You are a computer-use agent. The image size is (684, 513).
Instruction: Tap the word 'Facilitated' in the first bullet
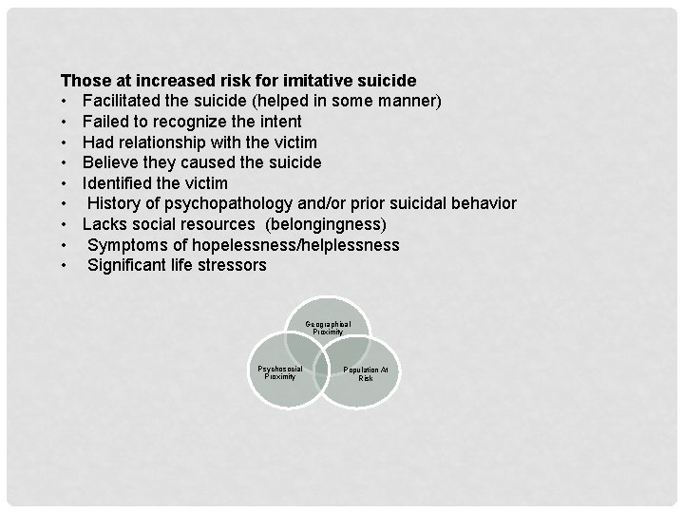(126, 101)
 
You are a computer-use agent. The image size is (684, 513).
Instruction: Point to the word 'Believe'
(111, 162)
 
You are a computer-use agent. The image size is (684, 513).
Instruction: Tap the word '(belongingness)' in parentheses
(327, 224)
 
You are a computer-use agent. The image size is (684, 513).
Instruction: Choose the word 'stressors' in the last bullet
(235, 265)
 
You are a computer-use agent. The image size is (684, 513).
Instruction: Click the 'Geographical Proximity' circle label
(328, 329)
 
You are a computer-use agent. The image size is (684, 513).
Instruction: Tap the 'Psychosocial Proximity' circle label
(280, 371)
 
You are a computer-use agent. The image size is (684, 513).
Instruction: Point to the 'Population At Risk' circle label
(366, 373)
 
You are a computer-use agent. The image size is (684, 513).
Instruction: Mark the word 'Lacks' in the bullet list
(104, 224)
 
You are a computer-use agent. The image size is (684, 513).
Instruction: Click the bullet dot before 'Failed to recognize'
(65, 122)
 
